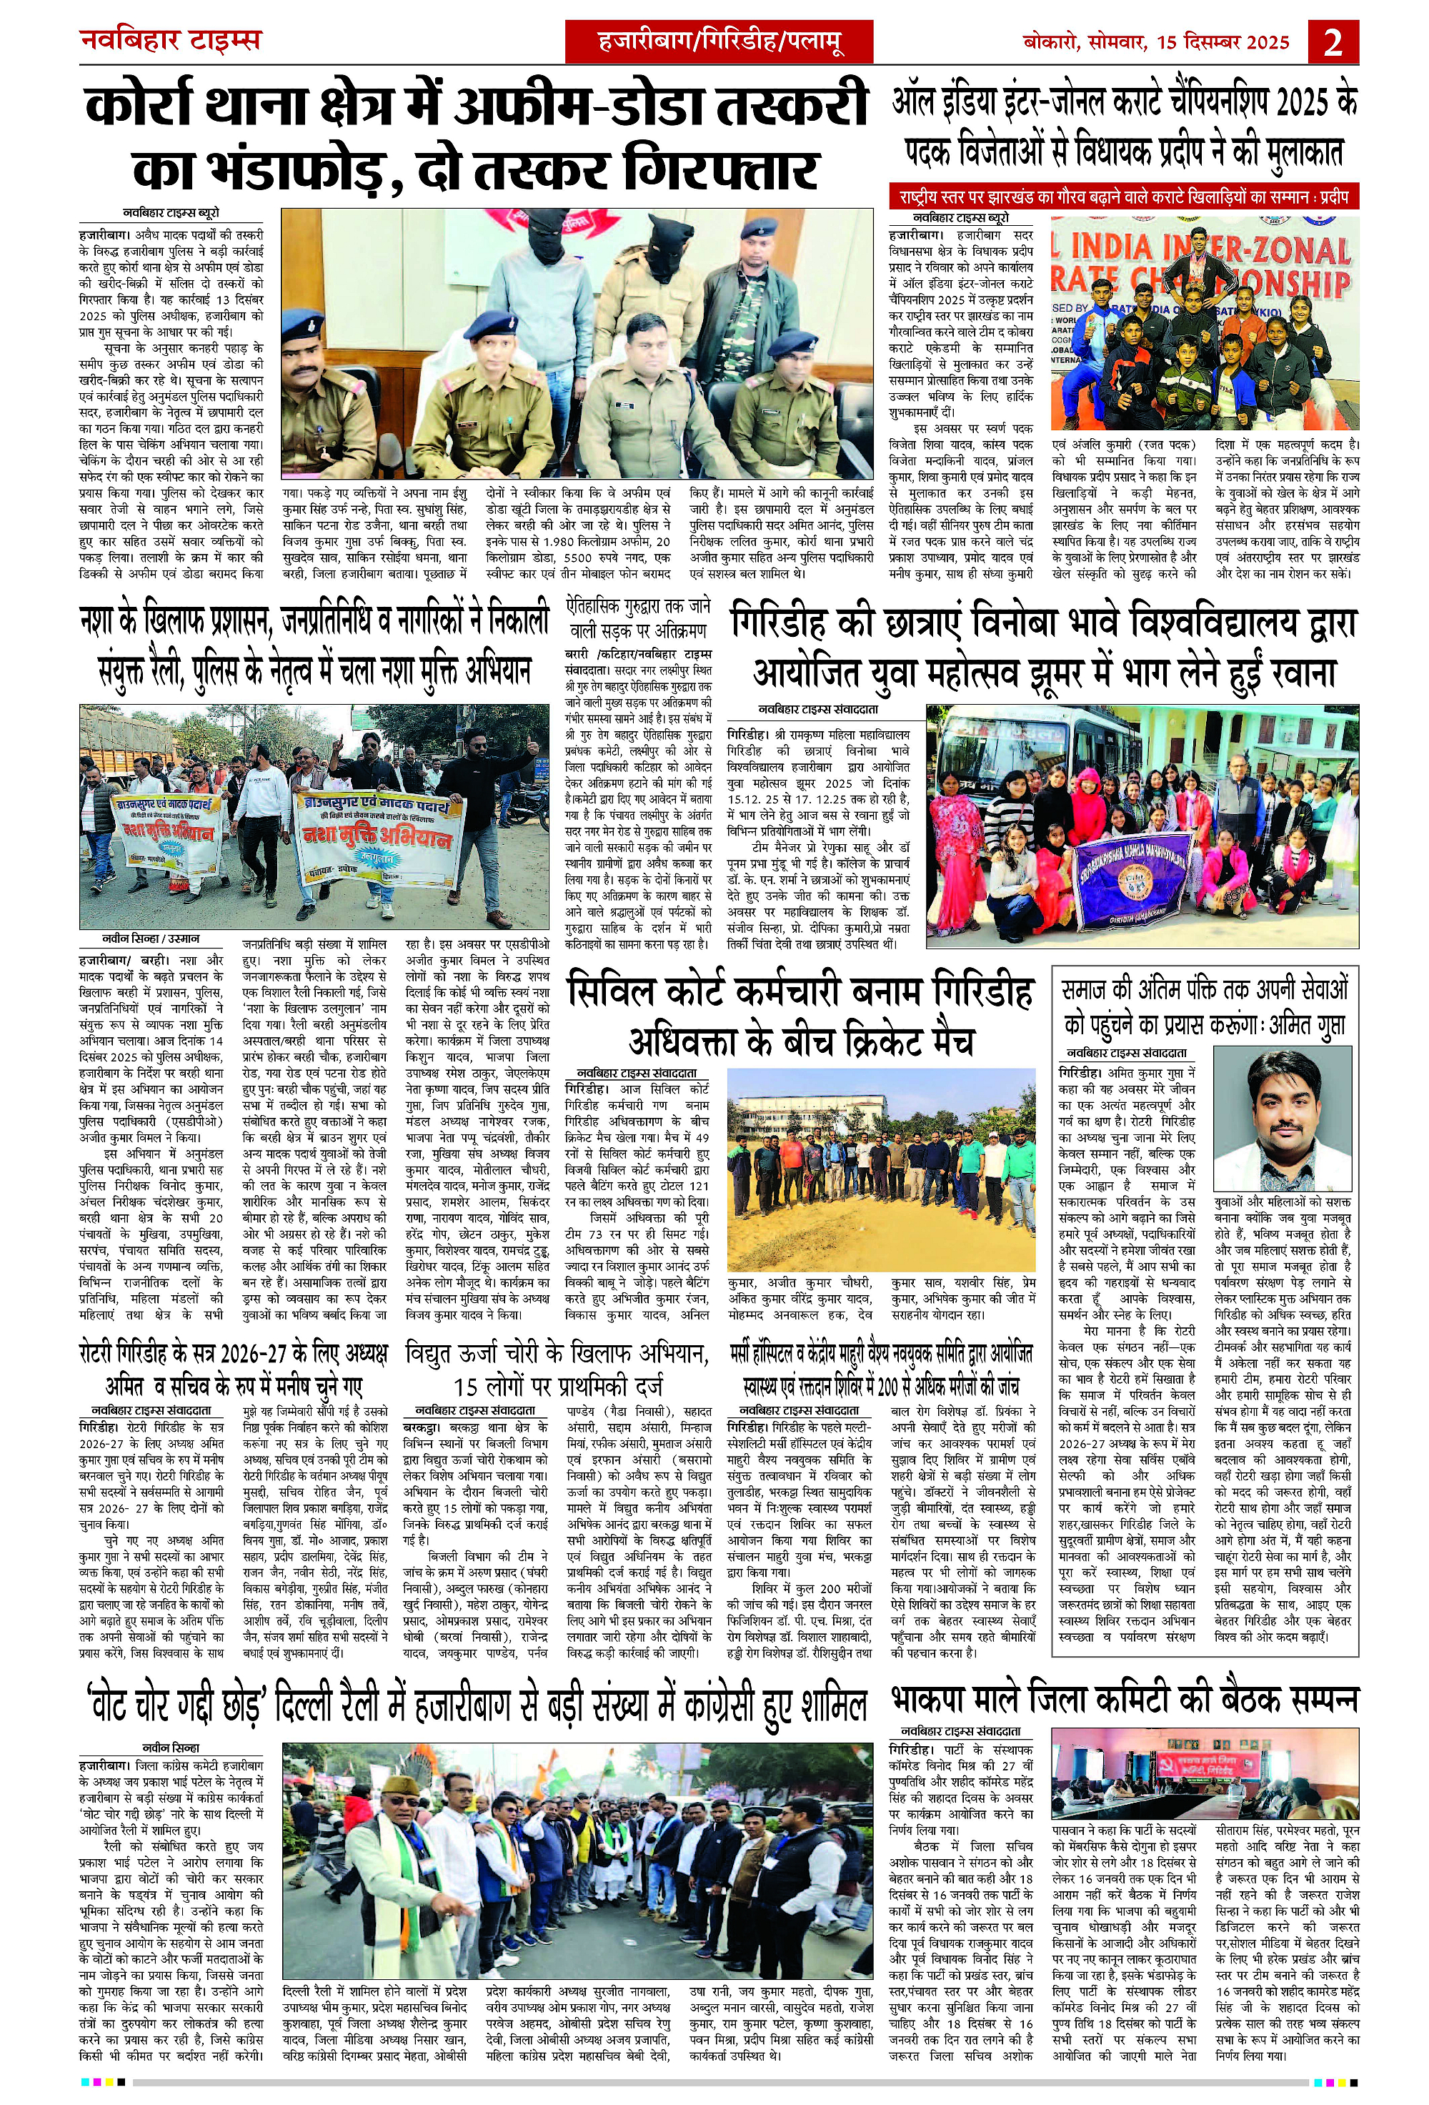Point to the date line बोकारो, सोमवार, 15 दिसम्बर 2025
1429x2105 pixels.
[1155, 41]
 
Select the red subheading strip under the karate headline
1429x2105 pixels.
[1123, 196]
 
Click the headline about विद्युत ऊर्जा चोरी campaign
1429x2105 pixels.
[557, 1369]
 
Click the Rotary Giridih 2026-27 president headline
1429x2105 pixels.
[234, 1369]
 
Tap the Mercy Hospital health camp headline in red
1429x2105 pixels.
[880, 1369]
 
